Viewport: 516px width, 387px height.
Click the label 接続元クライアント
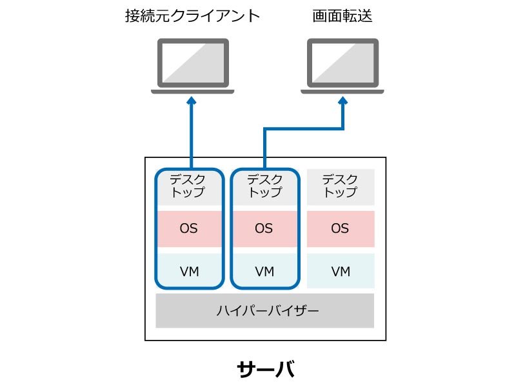tap(192, 15)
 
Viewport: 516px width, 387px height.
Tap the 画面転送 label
tap(342, 15)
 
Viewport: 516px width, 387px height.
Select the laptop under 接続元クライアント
tap(193, 66)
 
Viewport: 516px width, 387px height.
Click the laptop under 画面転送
tap(342, 66)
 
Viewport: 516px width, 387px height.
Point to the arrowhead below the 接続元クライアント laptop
tap(192, 101)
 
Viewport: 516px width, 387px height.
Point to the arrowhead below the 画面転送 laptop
tap(343, 101)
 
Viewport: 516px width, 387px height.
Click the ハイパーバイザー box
tap(265, 311)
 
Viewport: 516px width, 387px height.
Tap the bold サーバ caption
tap(266, 369)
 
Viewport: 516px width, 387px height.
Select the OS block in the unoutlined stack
tap(341, 229)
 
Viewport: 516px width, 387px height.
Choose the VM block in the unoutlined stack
tap(341, 271)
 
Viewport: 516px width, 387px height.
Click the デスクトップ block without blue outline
tap(341, 187)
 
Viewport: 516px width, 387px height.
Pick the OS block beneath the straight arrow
tap(190, 229)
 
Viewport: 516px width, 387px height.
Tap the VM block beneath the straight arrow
tap(190, 270)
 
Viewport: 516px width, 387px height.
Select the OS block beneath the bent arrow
tap(265, 229)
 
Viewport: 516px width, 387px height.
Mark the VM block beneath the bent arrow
tap(265, 270)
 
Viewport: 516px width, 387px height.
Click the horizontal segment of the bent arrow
tap(304, 128)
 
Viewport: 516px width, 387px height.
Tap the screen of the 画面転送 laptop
tap(342, 63)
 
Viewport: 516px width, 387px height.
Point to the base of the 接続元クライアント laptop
tap(193, 92)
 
